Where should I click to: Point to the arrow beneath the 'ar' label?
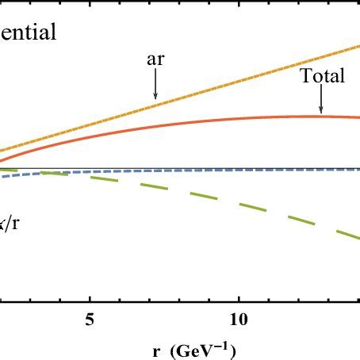pos(155,86)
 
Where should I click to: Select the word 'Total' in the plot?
pos(322,77)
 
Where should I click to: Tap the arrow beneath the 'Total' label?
pos(321,101)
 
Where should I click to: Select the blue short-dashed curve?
pos(24,174)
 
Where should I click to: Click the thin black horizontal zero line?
pos(198,168)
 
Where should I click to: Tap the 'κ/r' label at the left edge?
pos(10,224)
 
